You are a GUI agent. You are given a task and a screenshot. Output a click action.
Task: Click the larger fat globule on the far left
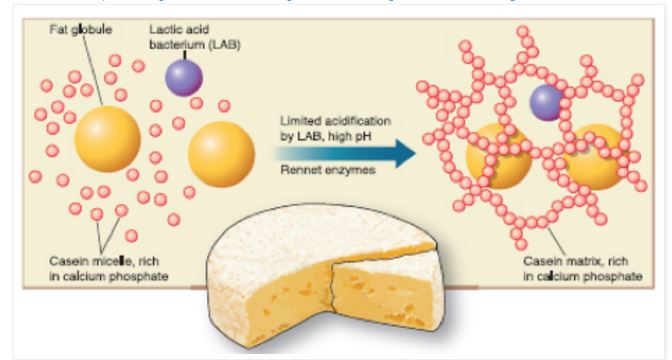(x=107, y=139)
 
